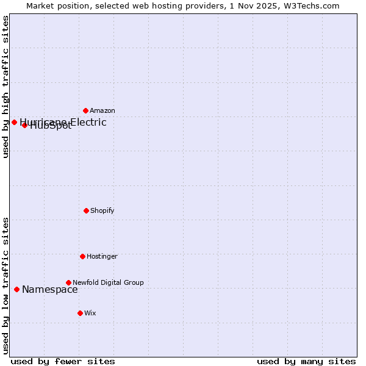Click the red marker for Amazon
(85, 110)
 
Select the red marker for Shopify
(86, 210)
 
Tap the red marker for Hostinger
(82, 256)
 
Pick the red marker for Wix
(80, 313)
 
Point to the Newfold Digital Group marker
(68, 282)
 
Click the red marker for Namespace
(16, 289)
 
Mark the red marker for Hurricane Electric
(14, 122)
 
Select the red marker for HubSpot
(24, 125)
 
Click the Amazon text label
(102, 111)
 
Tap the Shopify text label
(102, 211)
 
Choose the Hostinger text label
(102, 257)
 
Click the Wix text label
(90, 314)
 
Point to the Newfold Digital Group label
(108, 283)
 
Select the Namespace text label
(50, 290)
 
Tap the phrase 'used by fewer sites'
(63, 361)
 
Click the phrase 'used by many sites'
(306, 361)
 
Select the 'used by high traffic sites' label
(6, 87)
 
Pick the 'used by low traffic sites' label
(6, 285)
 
